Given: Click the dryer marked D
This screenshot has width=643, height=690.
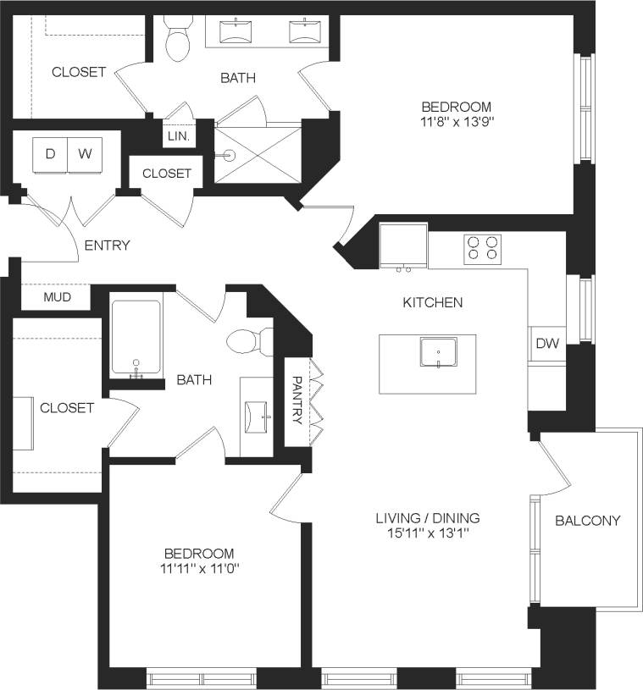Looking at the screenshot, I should (x=50, y=154).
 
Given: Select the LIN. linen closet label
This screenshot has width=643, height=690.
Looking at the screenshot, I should (x=179, y=135).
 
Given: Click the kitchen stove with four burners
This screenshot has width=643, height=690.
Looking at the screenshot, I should (x=481, y=247).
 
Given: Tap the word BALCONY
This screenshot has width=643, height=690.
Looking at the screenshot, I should (x=588, y=521).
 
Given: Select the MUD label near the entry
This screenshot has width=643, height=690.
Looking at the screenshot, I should (x=56, y=298).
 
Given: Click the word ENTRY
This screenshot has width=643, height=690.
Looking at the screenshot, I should (x=107, y=246).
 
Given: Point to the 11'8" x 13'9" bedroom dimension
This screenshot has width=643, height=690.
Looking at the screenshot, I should (x=457, y=122).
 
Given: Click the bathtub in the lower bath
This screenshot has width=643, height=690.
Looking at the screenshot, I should (x=136, y=339).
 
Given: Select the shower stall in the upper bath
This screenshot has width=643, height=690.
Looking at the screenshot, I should (x=258, y=153).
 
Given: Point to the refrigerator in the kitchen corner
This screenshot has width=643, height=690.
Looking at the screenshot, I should (x=403, y=246).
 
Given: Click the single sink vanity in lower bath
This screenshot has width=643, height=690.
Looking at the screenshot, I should (x=257, y=416).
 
